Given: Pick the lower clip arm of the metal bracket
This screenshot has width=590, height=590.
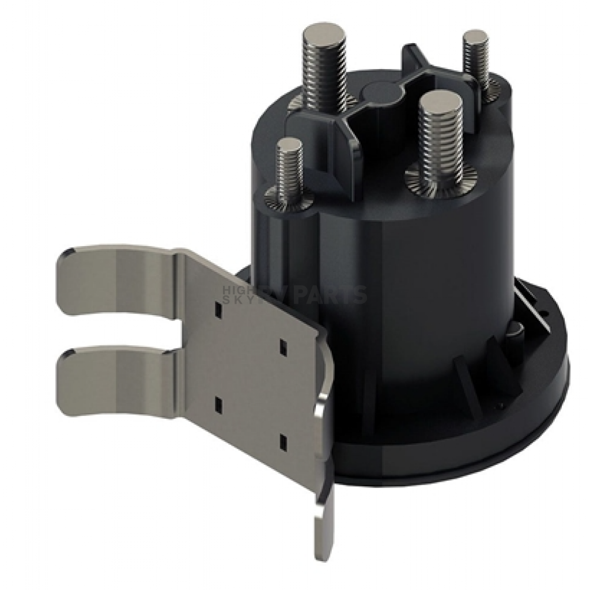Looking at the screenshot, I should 115,382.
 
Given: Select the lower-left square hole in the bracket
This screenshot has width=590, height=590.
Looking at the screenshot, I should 218,404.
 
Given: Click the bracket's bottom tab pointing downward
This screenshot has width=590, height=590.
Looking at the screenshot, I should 324,524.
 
